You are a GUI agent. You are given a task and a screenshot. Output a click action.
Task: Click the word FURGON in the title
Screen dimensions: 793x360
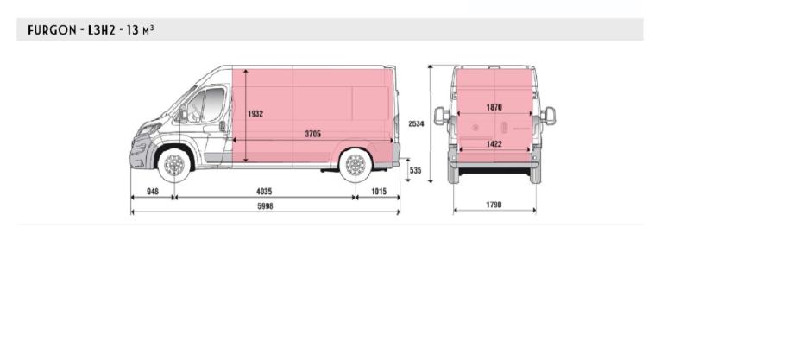tap(52, 30)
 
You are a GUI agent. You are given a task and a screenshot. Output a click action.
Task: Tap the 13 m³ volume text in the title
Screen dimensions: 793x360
tap(140, 30)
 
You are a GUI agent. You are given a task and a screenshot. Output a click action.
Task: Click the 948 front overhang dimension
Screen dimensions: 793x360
tap(152, 192)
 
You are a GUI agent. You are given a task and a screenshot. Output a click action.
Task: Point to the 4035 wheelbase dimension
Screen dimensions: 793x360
tap(264, 192)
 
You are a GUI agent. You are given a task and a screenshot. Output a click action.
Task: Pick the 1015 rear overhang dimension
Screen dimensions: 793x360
tap(378, 192)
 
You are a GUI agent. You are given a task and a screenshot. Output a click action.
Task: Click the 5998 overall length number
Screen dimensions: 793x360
tap(265, 206)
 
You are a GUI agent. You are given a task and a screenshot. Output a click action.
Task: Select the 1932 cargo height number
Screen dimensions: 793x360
tap(255, 114)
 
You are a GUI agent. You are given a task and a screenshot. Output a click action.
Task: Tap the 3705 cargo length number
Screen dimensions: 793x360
tap(312, 134)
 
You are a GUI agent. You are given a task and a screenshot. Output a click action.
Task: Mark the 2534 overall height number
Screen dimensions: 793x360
tap(416, 123)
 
